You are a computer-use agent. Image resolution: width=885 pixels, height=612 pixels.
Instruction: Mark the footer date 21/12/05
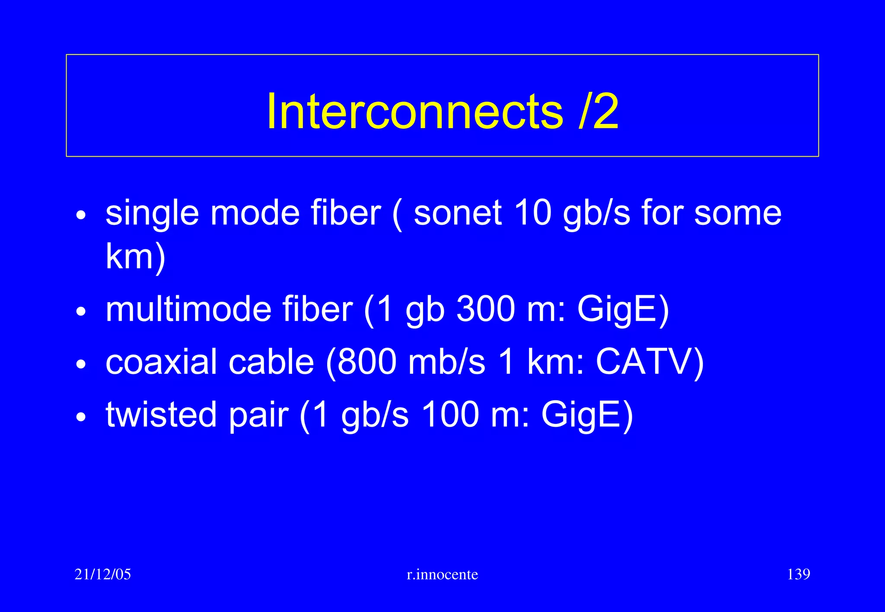(x=102, y=574)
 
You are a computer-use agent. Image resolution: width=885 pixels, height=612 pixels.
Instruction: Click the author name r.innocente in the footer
(x=442, y=574)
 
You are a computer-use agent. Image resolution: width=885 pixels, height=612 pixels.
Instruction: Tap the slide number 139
(x=798, y=574)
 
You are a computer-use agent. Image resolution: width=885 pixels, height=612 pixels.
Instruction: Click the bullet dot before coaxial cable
(x=81, y=364)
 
